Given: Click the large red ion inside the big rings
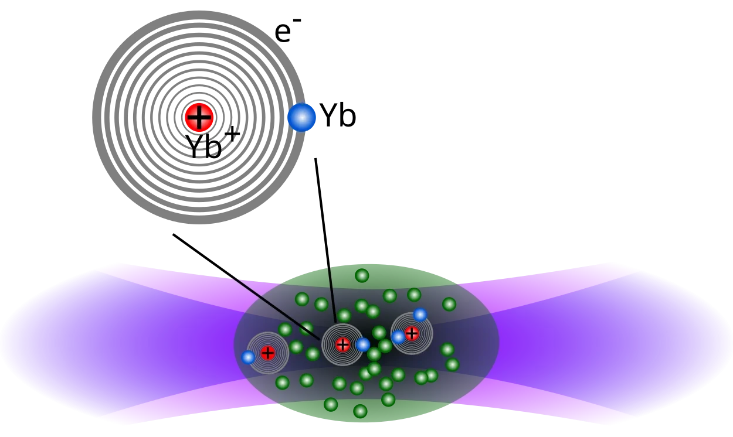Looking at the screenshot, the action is pyautogui.click(x=199, y=117).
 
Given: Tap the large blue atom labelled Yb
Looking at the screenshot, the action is pyautogui.click(x=301, y=117).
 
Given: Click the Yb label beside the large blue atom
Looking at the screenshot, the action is pyautogui.click(x=338, y=115).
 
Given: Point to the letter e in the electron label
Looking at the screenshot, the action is pyautogui.click(x=283, y=33).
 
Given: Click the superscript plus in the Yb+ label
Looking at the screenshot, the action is pyautogui.click(x=232, y=134).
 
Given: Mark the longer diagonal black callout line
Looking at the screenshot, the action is pyautogui.click(x=246, y=287).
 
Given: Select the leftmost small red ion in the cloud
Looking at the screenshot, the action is pyautogui.click(x=267, y=353).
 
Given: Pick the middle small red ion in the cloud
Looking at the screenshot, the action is pyautogui.click(x=342, y=345).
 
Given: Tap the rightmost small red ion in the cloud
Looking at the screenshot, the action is pyautogui.click(x=412, y=334).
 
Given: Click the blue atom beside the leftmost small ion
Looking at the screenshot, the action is pyautogui.click(x=247, y=357).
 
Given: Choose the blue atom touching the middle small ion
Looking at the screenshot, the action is pyautogui.click(x=362, y=344).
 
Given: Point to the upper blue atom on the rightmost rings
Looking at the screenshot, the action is pyautogui.click(x=420, y=315).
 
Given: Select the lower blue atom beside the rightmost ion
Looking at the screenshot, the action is pyautogui.click(x=398, y=337).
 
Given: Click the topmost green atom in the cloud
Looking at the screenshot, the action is pyautogui.click(x=362, y=275).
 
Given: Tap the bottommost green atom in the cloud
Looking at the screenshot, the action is pyautogui.click(x=360, y=411).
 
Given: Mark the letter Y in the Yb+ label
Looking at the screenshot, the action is pyautogui.click(x=195, y=146).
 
